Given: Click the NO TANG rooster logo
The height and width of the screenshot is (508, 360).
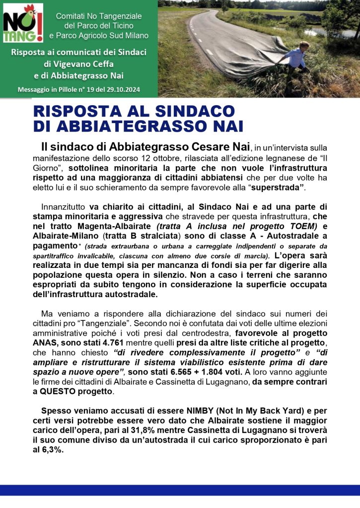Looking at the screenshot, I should [23, 23].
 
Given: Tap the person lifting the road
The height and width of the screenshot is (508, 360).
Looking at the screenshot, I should [296, 59].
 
